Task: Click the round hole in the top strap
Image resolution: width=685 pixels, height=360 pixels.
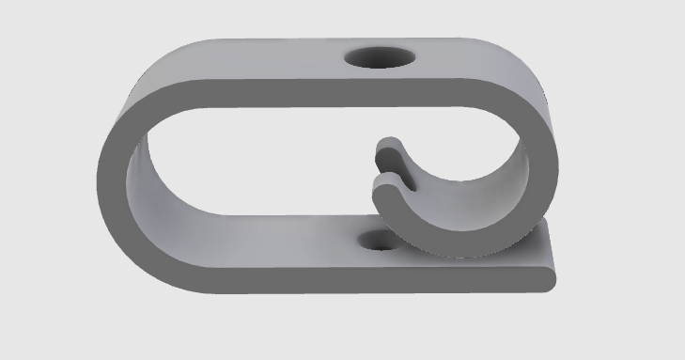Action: tap(379, 58)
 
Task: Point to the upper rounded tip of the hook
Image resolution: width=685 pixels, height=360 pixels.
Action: tap(388, 148)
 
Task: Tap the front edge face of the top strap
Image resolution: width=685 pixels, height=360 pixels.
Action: tap(329, 92)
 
